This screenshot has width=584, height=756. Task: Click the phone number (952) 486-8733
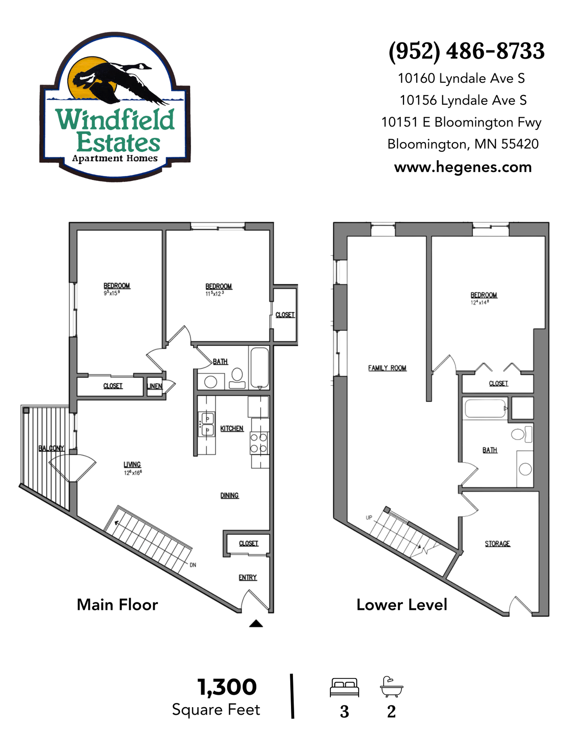(466, 51)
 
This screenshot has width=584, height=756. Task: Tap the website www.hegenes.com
(463, 167)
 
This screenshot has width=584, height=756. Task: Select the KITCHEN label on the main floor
(232, 428)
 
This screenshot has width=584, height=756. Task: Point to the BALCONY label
(51, 448)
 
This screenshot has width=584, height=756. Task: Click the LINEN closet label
(154, 386)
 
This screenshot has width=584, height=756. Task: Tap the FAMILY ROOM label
(387, 368)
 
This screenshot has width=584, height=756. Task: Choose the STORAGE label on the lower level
(497, 543)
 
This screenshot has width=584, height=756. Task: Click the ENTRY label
(248, 577)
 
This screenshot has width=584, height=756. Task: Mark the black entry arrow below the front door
(256, 623)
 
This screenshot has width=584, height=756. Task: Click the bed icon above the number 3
(345, 687)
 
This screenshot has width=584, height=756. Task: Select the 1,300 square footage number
(227, 687)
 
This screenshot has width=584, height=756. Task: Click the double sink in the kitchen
(207, 424)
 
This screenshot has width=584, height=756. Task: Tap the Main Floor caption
(117, 604)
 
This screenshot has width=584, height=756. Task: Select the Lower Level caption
(402, 604)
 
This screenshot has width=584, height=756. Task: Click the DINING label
(230, 495)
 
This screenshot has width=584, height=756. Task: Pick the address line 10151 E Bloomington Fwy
(461, 122)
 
